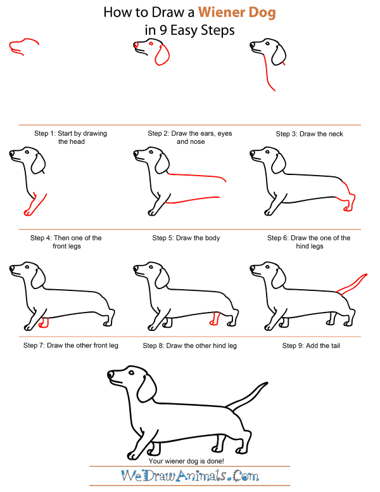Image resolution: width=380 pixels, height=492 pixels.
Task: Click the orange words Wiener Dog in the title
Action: pyautogui.click(x=237, y=12)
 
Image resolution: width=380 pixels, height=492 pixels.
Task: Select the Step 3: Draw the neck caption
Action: pyautogui.click(x=309, y=134)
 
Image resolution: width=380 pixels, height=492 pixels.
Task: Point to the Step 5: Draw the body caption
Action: pyautogui.click(x=186, y=238)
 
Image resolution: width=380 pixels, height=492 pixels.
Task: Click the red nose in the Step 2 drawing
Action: pyautogui.click(x=135, y=45)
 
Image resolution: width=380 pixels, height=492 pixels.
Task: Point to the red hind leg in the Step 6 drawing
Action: pyautogui.click(x=347, y=197)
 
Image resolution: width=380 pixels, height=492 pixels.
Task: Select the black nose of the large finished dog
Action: pyautogui.click(x=110, y=375)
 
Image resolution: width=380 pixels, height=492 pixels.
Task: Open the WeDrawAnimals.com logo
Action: pyautogui.click(x=187, y=476)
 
